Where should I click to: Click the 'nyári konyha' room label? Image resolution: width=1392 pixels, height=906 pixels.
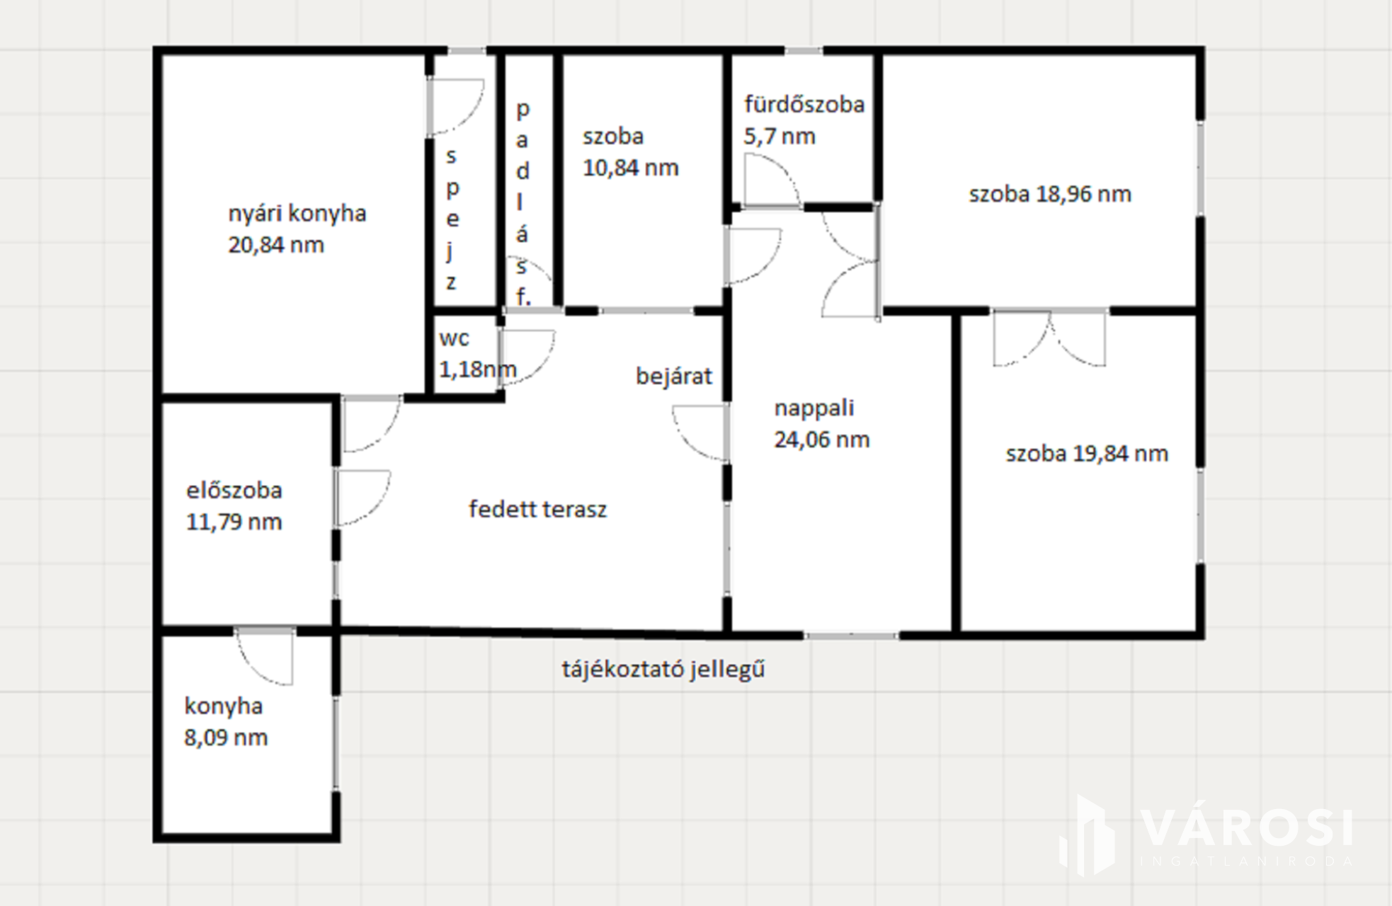(x=297, y=214)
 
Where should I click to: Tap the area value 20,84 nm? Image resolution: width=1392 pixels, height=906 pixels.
(x=276, y=245)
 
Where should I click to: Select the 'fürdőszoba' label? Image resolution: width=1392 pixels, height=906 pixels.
(x=804, y=105)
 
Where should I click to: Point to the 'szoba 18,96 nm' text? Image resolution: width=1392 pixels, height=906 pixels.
(x=1050, y=194)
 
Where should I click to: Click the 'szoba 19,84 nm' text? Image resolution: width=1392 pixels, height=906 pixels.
(x=1087, y=454)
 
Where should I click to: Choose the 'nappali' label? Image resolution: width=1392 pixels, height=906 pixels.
(x=814, y=408)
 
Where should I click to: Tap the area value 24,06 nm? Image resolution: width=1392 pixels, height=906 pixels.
(x=821, y=440)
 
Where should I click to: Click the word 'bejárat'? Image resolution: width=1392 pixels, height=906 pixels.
(x=674, y=376)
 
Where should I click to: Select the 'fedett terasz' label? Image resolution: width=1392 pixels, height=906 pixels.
(x=537, y=509)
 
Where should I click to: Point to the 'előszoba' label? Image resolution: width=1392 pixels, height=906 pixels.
(x=234, y=491)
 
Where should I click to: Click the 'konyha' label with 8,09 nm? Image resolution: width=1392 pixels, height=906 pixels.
(x=224, y=706)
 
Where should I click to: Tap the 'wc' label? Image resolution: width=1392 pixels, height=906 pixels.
(x=454, y=338)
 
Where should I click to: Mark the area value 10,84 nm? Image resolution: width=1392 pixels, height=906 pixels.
(x=631, y=168)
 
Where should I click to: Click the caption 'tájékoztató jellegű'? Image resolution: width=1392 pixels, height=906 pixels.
(x=663, y=670)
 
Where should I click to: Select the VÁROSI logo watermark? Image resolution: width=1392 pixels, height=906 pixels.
(x=1205, y=835)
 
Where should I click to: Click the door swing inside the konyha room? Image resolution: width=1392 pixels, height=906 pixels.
(x=263, y=656)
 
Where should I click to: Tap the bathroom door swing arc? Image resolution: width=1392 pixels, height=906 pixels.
(x=772, y=180)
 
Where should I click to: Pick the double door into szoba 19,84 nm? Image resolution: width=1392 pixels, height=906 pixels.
(x=1049, y=338)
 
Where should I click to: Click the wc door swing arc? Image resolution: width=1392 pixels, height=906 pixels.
(x=527, y=357)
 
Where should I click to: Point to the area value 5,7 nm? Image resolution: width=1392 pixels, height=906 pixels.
(x=780, y=137)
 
